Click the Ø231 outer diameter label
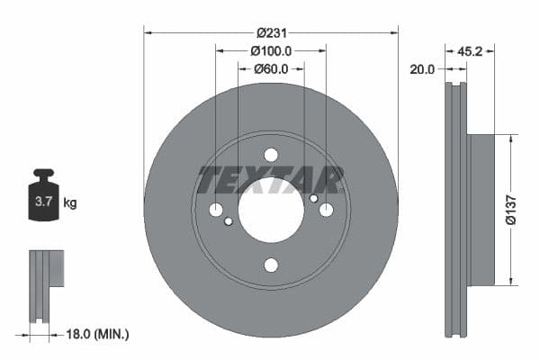coord(270,31)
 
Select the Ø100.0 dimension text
coord(270,49)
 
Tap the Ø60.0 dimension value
coord(270,68)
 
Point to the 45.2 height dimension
coord(472,51)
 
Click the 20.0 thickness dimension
coord(422,68)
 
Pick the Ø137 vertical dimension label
coord(509,209)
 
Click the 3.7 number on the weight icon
coord(42,202)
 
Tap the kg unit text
coord(70,203)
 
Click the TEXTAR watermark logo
coord(271,180)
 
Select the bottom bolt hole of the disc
coord(271,265)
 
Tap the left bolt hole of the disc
coord(216,210)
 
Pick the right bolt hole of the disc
coord(326,210)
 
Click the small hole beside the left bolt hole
coord(229,221)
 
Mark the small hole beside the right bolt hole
coord(313,198)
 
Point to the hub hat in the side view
coord(481,209)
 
